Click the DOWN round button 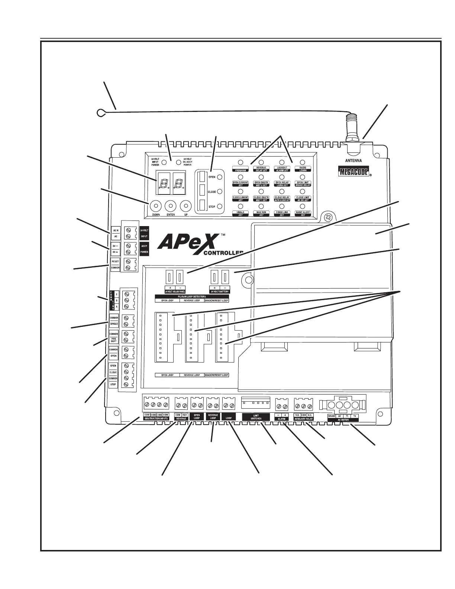(x=155, y=206)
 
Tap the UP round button (x=185, y=206)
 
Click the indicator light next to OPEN (x=220, y=177)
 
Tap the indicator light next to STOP (x=220, y=206)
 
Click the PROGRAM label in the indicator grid (x=241, y=170)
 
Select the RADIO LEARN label (x=303, y=169)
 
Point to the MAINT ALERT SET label (x=303, y=213)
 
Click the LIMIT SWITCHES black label (x=256, y=417)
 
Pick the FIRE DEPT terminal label (x=113, y=340)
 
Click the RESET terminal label (x=115, y=261)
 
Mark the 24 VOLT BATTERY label (x=220, y=292)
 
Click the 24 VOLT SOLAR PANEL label (x=175, y=292)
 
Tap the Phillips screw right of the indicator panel (x=328, y=217)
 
